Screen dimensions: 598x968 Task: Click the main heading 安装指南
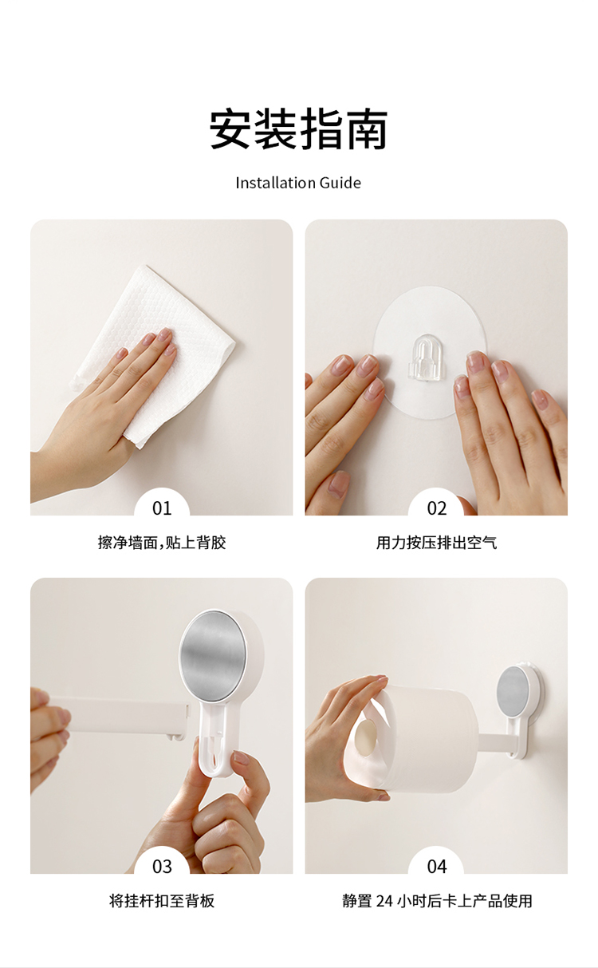click(x=298, y=129)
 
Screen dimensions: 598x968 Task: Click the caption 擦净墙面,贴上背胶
click(x=162, y=543)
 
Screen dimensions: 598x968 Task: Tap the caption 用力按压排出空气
click(x=436, y=543)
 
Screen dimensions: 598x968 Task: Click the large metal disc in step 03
click(x=214, y=657)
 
